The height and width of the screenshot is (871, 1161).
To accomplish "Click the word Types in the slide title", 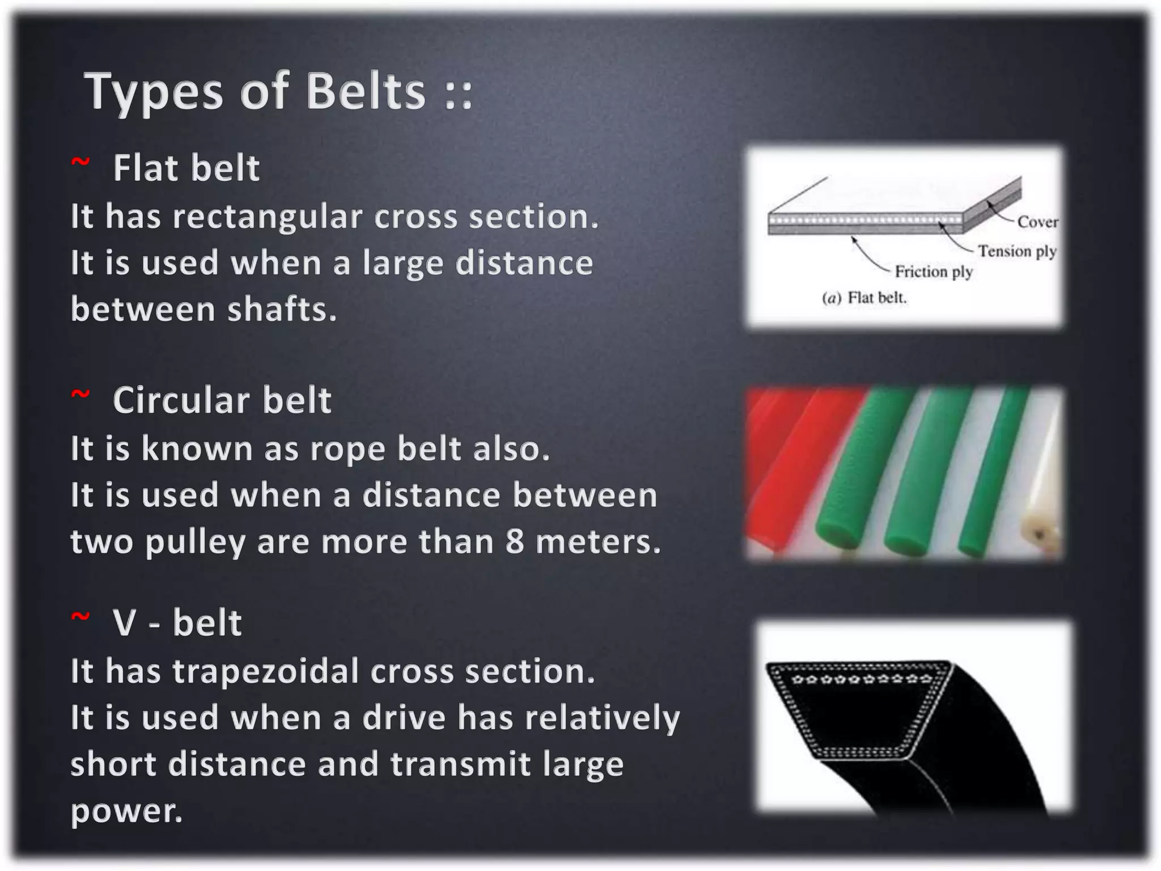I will [x=153, y=92].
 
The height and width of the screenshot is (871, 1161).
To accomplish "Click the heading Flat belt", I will [x=186, y=168].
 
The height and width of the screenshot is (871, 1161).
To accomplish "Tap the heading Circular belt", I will [x=222, y=401].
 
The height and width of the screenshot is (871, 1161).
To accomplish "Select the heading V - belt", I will [x=177, y=623].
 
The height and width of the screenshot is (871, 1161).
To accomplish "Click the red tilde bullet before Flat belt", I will [x=80, y=163].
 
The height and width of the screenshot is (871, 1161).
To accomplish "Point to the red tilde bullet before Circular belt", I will [x=80, y=395].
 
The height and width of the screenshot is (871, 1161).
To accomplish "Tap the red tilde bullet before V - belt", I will [x=80, y=618].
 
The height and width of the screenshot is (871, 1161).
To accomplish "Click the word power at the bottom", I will [x=126, y=811].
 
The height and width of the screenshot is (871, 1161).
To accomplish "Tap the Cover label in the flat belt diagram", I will [x=1037, y=222].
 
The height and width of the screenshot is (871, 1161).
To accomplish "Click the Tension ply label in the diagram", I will [x=1016, y=251].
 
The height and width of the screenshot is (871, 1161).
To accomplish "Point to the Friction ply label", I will [x=933, y=272].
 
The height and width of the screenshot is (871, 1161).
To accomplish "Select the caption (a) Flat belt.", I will [x=864, y=298].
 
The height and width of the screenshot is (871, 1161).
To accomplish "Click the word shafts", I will [x=282, y=310].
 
